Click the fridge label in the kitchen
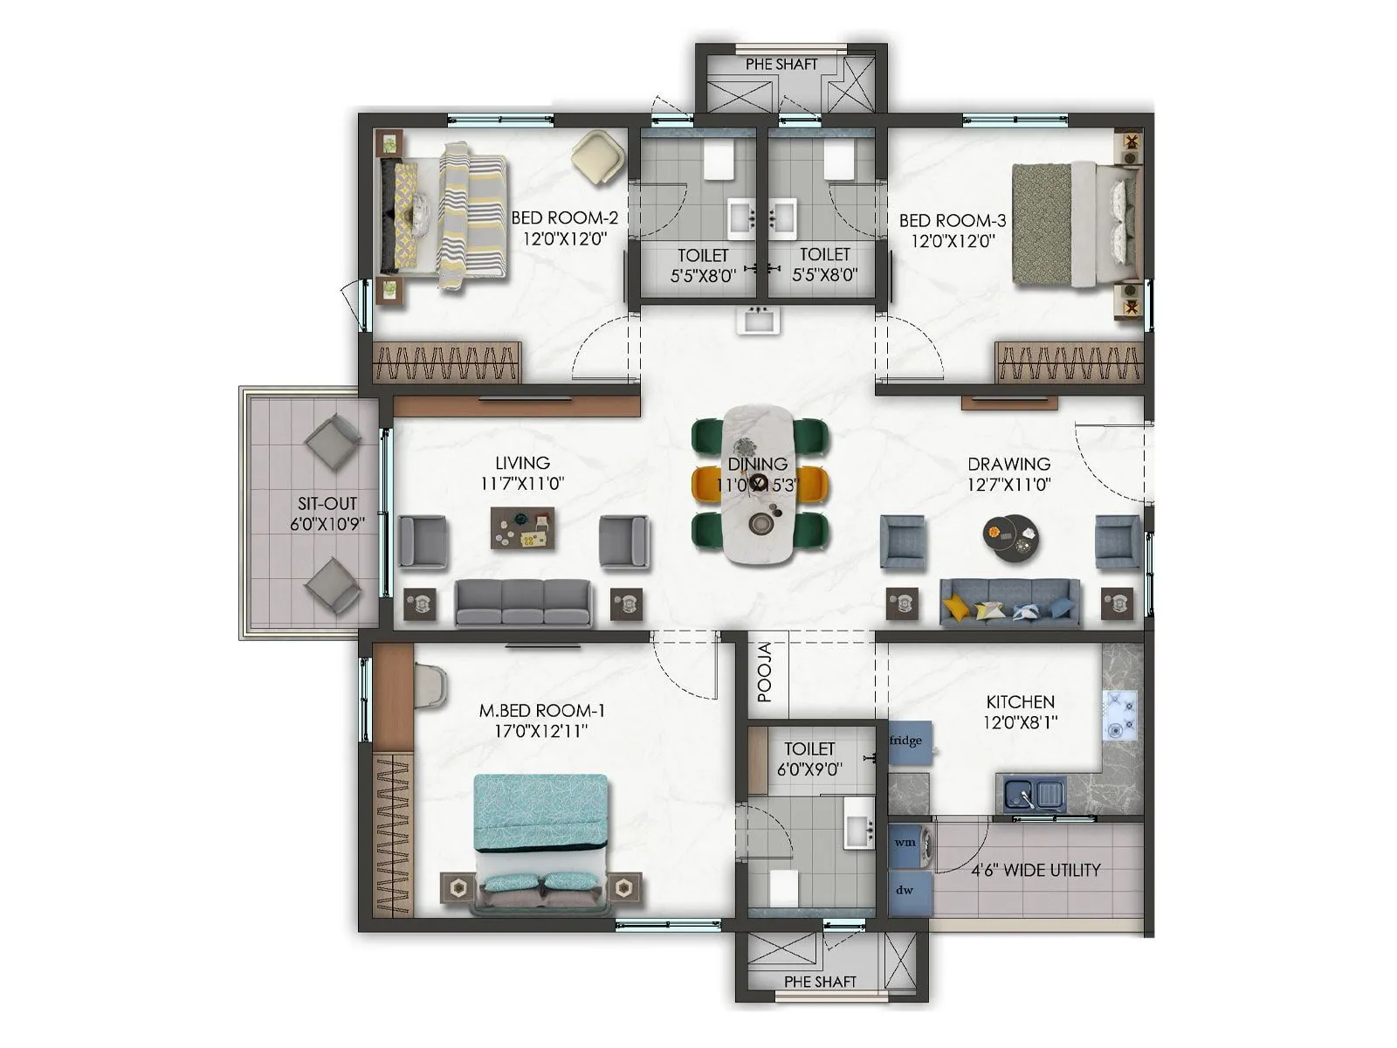905,741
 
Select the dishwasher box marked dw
905,890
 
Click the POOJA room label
766,672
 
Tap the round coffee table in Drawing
1010,535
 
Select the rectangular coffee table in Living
522,528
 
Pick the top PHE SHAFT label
781,65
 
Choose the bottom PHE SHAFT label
820,982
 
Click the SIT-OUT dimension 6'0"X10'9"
327,524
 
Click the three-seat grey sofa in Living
523,603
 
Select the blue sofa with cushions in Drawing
1010,603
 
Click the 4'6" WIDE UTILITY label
1036,870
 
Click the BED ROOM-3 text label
953,220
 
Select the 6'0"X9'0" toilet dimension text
809,770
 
